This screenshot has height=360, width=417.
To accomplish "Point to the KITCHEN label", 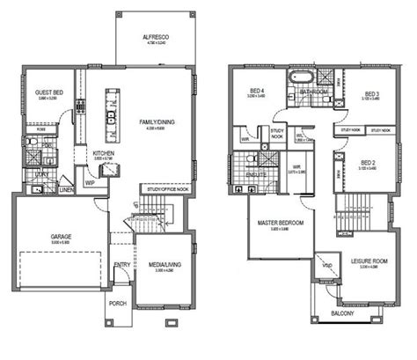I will tap(104, 153).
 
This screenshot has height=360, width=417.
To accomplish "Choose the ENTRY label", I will tap(122, 264).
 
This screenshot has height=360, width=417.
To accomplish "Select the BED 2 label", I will tap(369, 163).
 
